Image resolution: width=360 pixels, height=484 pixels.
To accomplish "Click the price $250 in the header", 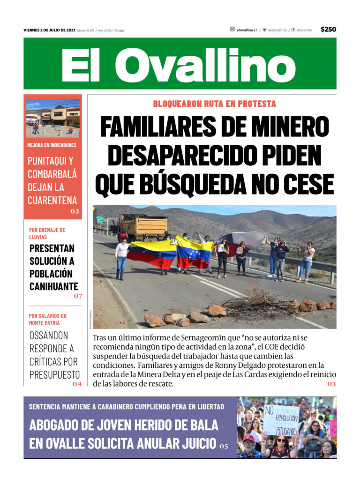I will [x=328, y=30].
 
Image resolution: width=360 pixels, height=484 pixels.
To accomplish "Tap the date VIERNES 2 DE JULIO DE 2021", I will [x=49, y=30].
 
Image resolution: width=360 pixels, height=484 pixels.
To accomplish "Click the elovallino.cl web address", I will [x=246, y=30].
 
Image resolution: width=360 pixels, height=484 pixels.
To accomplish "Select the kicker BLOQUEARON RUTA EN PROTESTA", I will [x=214, y=104].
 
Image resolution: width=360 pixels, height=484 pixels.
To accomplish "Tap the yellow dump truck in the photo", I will [x=143, y=226].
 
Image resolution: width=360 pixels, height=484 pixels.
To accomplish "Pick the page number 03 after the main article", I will [x=331, y=384].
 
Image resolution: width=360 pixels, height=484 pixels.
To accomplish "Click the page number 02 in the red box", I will [x=75, y=211].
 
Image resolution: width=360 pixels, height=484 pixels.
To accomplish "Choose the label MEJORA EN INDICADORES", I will [x=52, y=145].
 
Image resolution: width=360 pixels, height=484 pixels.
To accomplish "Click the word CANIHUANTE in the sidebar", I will [x=53, y=286].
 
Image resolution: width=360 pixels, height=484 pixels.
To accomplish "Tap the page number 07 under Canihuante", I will [x=77, y=296].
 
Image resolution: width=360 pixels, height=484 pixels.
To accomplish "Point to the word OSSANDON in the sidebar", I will [x=49, y=335].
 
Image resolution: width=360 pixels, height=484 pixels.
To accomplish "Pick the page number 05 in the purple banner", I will [x=224, y=446].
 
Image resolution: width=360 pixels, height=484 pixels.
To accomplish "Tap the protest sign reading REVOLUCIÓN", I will [x=280, y=419].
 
